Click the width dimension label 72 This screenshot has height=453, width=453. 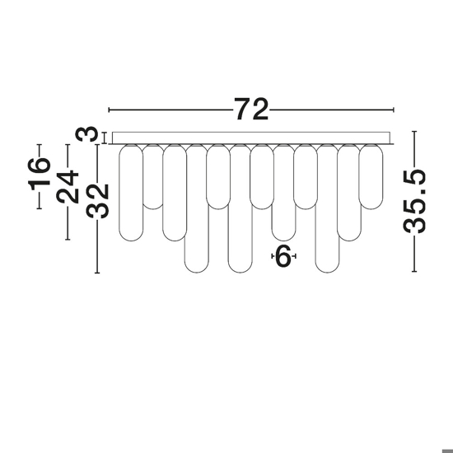[251, 109]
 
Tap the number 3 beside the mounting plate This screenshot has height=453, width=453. [86, 134]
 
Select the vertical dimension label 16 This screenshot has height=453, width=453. [40, 175]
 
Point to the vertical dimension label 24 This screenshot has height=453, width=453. [68, 187]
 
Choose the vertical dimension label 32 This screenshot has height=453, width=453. [97, 201]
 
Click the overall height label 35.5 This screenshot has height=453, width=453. [414, 201]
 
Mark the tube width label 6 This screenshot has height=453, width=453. [283, 256]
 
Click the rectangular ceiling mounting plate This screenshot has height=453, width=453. [251, 138]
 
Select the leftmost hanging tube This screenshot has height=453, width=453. [131, 193]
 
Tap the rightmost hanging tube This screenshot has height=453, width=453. [371, 176]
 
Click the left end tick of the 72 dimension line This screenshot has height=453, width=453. [109, 110]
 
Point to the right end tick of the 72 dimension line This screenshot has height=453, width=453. [394, 110]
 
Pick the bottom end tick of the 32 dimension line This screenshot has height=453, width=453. [97, 273]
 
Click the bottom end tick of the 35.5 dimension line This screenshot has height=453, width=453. [414, 271]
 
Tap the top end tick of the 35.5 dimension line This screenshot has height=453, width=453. [414, 132]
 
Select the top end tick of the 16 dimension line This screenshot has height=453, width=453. [40, 144]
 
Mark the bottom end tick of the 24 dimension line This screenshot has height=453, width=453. [68, 239]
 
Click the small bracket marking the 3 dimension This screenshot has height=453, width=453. [105, 138]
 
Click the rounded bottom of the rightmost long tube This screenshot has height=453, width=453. [327, 267]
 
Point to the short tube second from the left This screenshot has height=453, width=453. [153, 176]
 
